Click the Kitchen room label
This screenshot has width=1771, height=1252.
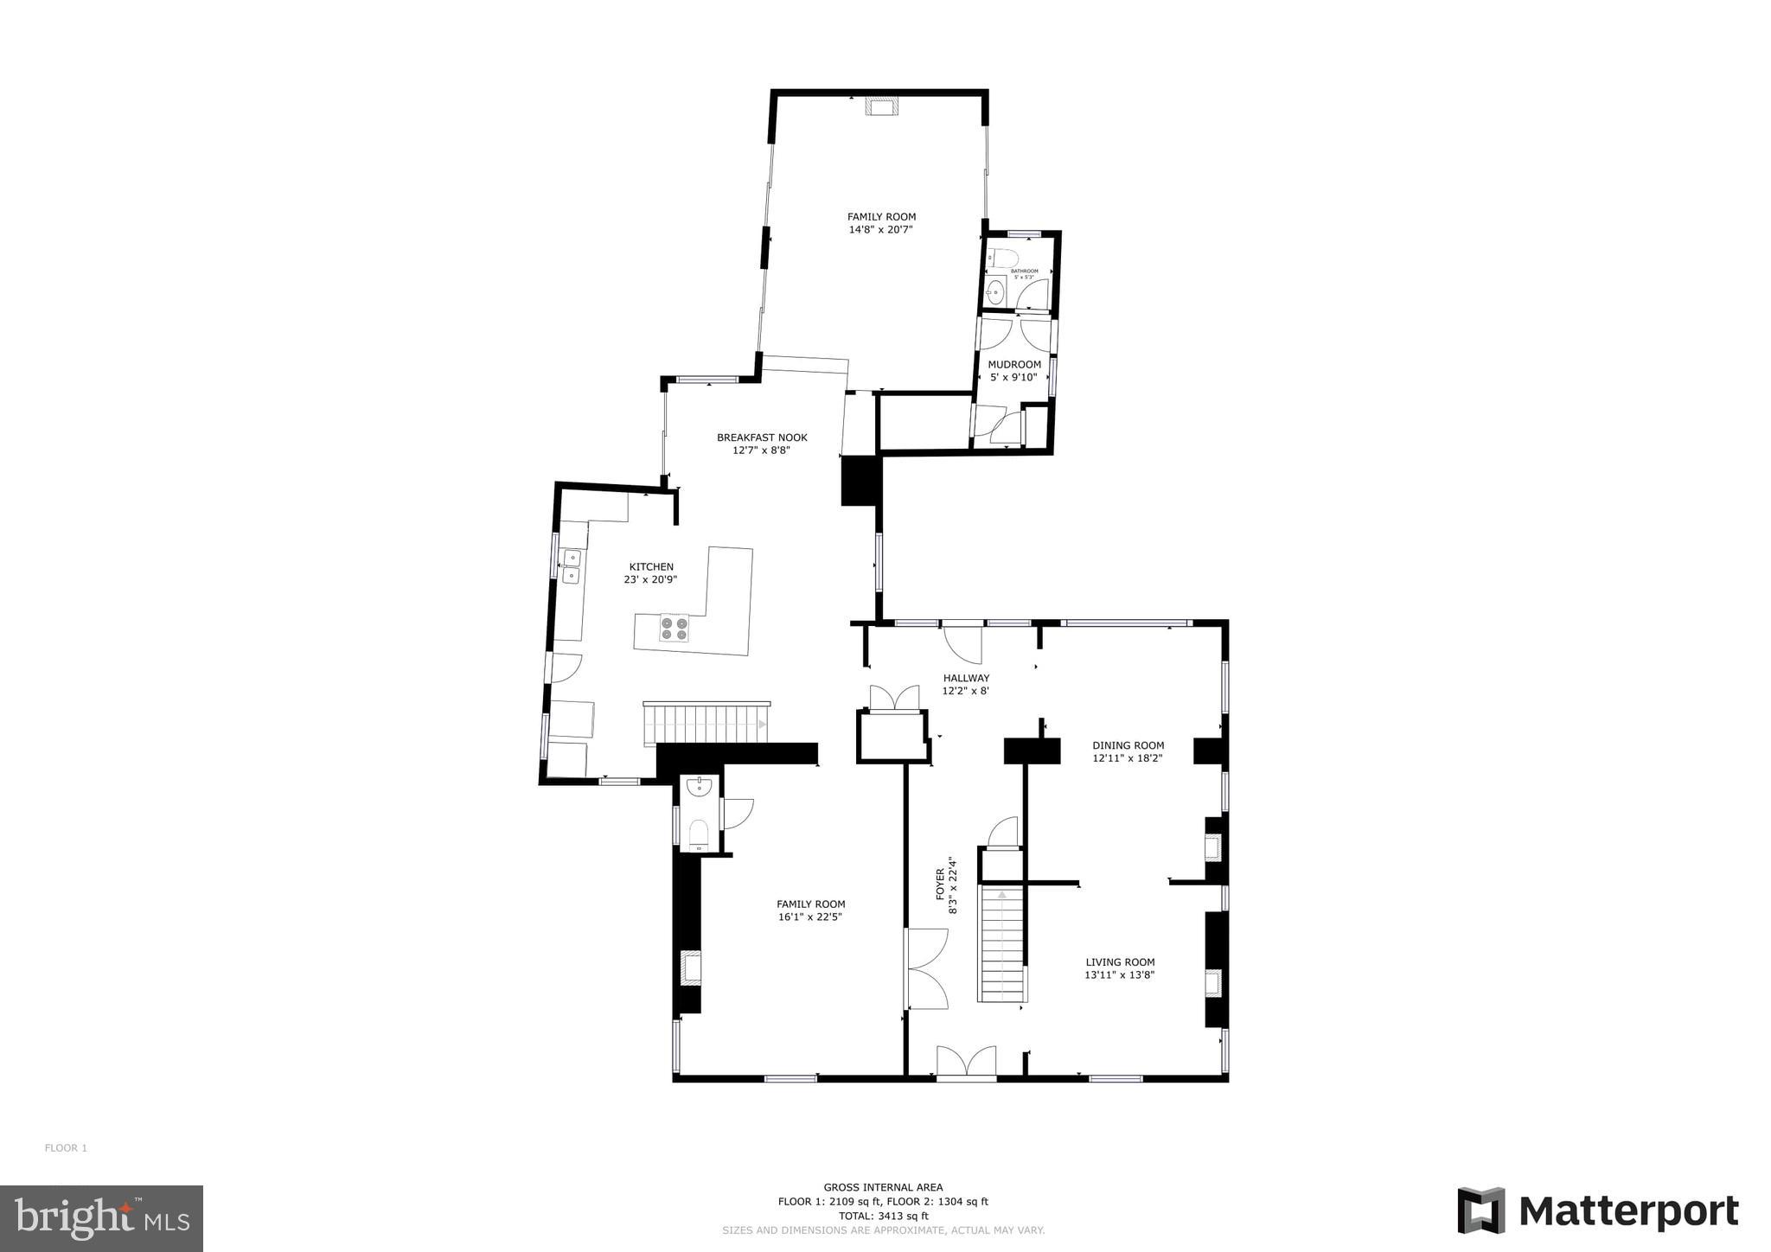point(650,567)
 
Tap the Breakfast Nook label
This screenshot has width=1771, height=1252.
point(761,438)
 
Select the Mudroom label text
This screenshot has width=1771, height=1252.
point(1014,365)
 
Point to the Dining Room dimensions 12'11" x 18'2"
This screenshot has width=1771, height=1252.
point(1128,758)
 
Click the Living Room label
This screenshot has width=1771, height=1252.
point(1120,961)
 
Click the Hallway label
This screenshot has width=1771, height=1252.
point(966,678)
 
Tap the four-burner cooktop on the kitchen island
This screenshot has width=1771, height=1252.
point(675,628)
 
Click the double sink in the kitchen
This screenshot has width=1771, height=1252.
point(572,565)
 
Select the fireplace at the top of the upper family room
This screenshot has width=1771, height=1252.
point(882,107)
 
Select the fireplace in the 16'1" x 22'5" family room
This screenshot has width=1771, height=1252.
point(692,967)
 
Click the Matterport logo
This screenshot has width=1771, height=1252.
point(1597,1211)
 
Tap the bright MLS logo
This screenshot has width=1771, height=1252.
point(101,1218)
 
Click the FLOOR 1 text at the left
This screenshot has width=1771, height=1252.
point(66,1148)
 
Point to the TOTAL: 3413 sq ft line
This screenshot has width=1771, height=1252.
point(883,1215)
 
